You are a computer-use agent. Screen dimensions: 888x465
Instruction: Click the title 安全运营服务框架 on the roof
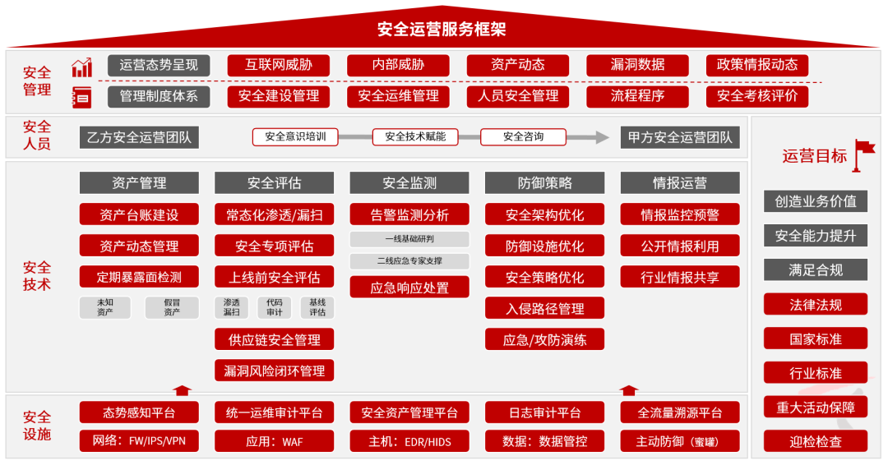[442, 29]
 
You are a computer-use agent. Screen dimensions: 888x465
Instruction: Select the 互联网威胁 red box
[278, 65]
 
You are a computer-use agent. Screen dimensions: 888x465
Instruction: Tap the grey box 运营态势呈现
[159, 65]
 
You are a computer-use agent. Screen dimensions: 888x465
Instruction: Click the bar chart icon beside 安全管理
[82, 67]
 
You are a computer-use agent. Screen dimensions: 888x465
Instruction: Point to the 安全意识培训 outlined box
[295, 137]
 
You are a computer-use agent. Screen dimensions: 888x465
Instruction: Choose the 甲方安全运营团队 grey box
[680, 137]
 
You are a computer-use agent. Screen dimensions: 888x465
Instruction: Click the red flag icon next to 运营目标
[863, 154]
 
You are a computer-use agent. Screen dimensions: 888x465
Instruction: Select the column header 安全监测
[409, 182]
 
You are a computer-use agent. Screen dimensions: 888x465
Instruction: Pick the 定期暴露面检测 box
[139, 277]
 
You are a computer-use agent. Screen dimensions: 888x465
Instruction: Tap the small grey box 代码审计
[274, 307]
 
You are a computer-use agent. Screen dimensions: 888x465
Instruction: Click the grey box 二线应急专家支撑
[409, 260]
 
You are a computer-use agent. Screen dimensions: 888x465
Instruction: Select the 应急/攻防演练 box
[545, 339]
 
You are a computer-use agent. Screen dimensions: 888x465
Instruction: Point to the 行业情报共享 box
[680, 277]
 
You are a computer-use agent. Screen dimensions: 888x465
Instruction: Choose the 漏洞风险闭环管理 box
[274, 371]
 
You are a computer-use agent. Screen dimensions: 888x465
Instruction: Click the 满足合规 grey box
[816, 269]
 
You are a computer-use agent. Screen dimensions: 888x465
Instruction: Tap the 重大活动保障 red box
[816, 407]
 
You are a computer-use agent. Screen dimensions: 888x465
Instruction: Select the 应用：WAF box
[274, 441]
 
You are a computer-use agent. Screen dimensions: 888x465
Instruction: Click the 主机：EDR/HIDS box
[409, 441]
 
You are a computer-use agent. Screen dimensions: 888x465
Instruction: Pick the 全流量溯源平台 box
[680, 412]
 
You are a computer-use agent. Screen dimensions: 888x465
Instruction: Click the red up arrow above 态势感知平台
[182, 390]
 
